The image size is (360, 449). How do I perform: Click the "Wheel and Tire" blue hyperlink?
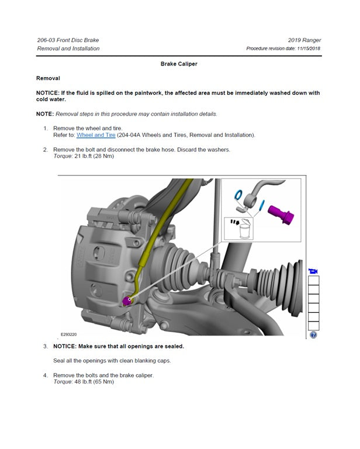(x=96, y=135)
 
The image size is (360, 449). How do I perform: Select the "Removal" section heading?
(x=48, y=78)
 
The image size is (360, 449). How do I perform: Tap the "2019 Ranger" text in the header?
(x=304, y=40)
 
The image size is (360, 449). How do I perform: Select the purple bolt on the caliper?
(x=128, y=301)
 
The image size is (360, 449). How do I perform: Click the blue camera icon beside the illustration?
(x=313, y=271)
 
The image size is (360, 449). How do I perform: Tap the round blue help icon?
(x=313, y=335)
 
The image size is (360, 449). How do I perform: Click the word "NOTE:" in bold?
(x=45, y=113)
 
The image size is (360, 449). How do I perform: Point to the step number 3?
(x=46, y=346)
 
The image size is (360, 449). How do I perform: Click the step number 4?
(x=46, y=375)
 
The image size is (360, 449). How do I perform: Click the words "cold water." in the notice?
(x=51, y=99)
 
